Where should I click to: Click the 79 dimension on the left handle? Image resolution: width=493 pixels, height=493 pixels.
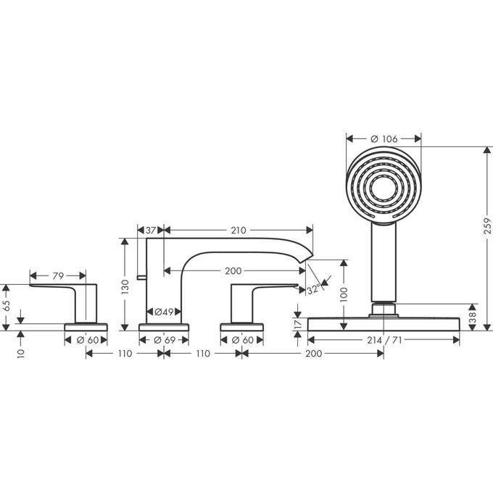pos(57,275)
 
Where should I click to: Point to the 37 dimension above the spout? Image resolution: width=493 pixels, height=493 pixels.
pos(151,230)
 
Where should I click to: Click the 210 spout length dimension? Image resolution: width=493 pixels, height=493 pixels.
pos(238,230)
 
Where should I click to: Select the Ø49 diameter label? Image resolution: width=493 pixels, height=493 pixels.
pos(163,312)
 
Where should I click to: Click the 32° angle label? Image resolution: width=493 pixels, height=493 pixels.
pos(313,290)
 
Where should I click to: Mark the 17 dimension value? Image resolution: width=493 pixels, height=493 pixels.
pos(297,323)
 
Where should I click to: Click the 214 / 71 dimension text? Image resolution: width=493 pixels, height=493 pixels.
pos(384,339)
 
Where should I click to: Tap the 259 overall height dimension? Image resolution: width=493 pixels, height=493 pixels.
pos(487,227)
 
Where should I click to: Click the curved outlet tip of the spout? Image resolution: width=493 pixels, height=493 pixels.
pos(308,254)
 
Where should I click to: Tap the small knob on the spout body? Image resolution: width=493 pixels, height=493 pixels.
pos(140,276)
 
